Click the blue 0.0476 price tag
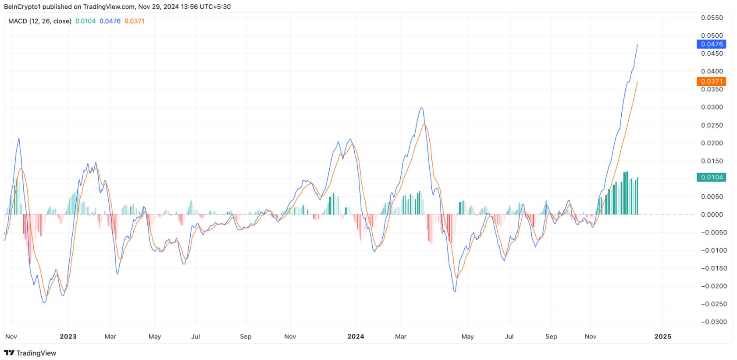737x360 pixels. (711, 44)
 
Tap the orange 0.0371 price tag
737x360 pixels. (711, 82)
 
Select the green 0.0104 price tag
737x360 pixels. (711, 177)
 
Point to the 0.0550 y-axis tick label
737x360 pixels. (712, 18)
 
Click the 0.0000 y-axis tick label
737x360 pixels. (712, 214)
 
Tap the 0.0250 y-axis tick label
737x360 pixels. (712, 125)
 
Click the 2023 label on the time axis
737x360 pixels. (68, 336)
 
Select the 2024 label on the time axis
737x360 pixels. (356, 336)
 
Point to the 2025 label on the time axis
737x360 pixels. (662, 336)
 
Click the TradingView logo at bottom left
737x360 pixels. (30, 353)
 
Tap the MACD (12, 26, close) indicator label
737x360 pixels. (40, 21)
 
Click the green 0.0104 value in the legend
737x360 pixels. (85, 21)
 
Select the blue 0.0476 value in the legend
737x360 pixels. (110, 21)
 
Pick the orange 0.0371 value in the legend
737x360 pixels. (135, 21)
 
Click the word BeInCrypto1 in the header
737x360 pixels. (22, 7)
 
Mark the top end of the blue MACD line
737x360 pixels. (637, 44)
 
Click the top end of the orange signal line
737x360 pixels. (637, 82)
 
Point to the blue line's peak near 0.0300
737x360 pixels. (421, 107)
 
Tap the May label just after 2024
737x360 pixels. (467, 336)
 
